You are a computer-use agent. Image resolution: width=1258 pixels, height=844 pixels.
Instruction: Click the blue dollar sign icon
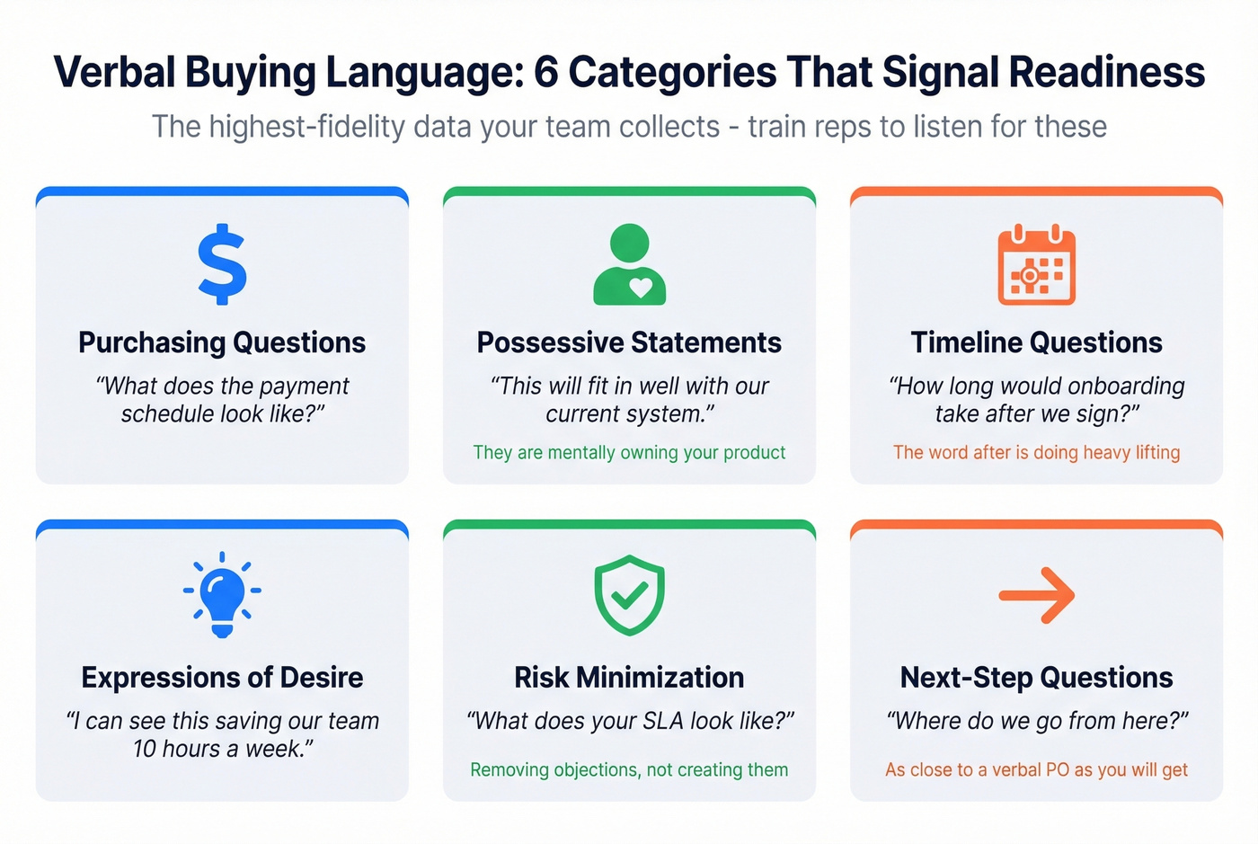(222, 264)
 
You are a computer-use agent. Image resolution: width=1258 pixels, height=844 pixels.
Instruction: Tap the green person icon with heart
(629, 264)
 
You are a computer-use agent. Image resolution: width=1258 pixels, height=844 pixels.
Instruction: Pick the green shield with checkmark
(629, 595)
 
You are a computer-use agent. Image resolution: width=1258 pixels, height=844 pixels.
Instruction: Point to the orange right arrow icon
(1036, 595)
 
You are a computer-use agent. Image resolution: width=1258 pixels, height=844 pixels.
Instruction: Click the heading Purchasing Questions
(222, 342)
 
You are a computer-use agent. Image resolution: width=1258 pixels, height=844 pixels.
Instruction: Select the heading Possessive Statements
(629, 342)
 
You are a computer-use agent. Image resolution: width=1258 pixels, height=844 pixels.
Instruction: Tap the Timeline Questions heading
(1036, 342)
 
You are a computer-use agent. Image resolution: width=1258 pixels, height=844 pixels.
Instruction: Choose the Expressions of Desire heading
(222, 677)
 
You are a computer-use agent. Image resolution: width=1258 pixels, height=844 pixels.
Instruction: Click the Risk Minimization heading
(629, 677)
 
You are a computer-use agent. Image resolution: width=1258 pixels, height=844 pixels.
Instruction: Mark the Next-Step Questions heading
(1036, 677)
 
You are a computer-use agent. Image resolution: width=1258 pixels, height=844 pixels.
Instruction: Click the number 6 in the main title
(545, 73)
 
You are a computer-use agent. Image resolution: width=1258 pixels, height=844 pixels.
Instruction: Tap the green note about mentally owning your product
(629, 452)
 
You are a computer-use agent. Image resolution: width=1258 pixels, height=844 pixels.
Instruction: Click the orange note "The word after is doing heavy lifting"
(1036, 452)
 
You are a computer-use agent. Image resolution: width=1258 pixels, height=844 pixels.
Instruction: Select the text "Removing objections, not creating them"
(629, 769)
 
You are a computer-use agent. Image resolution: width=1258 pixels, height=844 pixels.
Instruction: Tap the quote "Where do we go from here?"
(1036, 721)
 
